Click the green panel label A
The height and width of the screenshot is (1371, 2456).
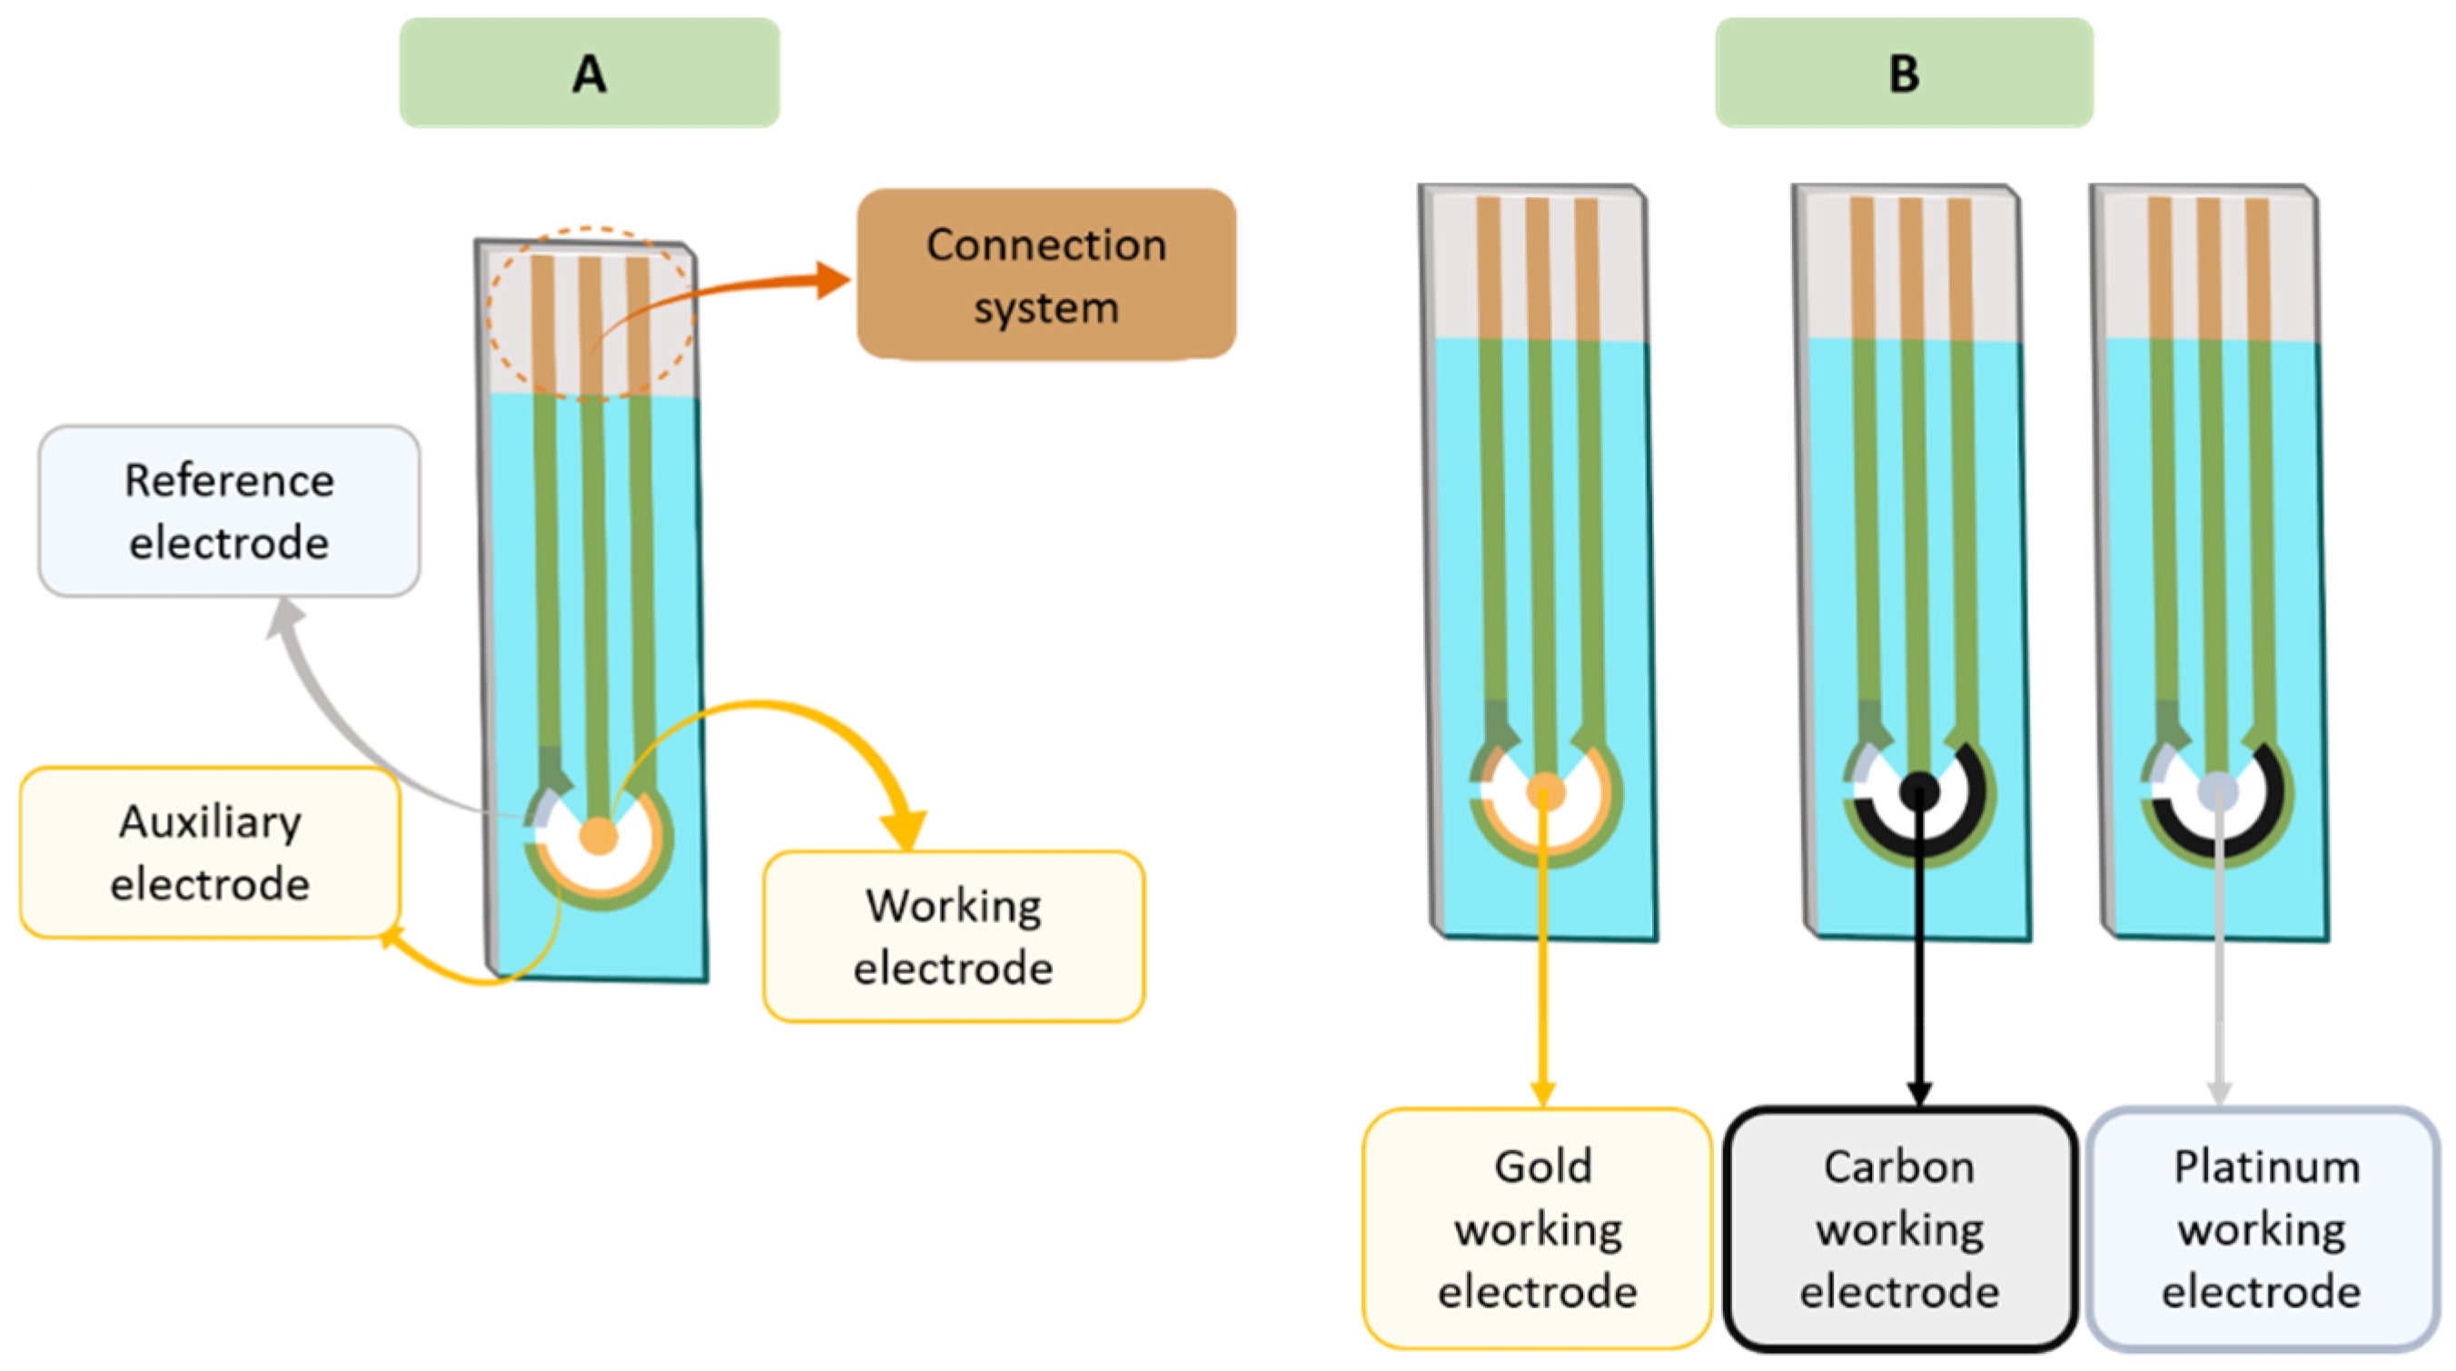(589, 73)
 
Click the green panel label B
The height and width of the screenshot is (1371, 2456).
(1903, 73)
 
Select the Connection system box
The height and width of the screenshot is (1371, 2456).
(1046, 274)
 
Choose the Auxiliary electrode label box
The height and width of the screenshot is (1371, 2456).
(210, 852)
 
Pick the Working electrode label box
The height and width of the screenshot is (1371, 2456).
(954, 936)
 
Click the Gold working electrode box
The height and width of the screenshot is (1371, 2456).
(1537, 1228)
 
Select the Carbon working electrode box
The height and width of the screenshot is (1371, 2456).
(1899, 1228)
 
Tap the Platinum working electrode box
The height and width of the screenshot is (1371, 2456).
(2263, 1228)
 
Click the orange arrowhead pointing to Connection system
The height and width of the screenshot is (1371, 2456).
(832, 281)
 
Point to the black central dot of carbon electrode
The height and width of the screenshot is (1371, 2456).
(1919, 790)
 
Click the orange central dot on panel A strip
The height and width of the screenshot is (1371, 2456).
(599, 835)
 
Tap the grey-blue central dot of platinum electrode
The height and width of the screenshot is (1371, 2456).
(2217, 790)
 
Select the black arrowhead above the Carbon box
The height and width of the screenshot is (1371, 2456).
(1919, 1093)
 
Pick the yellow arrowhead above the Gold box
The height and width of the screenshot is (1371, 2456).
(1542, 1093)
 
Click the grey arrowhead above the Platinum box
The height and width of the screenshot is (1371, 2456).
(2220, 1093)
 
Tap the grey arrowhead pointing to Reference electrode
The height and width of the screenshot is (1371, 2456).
(284, 618)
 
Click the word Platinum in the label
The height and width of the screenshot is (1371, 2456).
(2266, 1166)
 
